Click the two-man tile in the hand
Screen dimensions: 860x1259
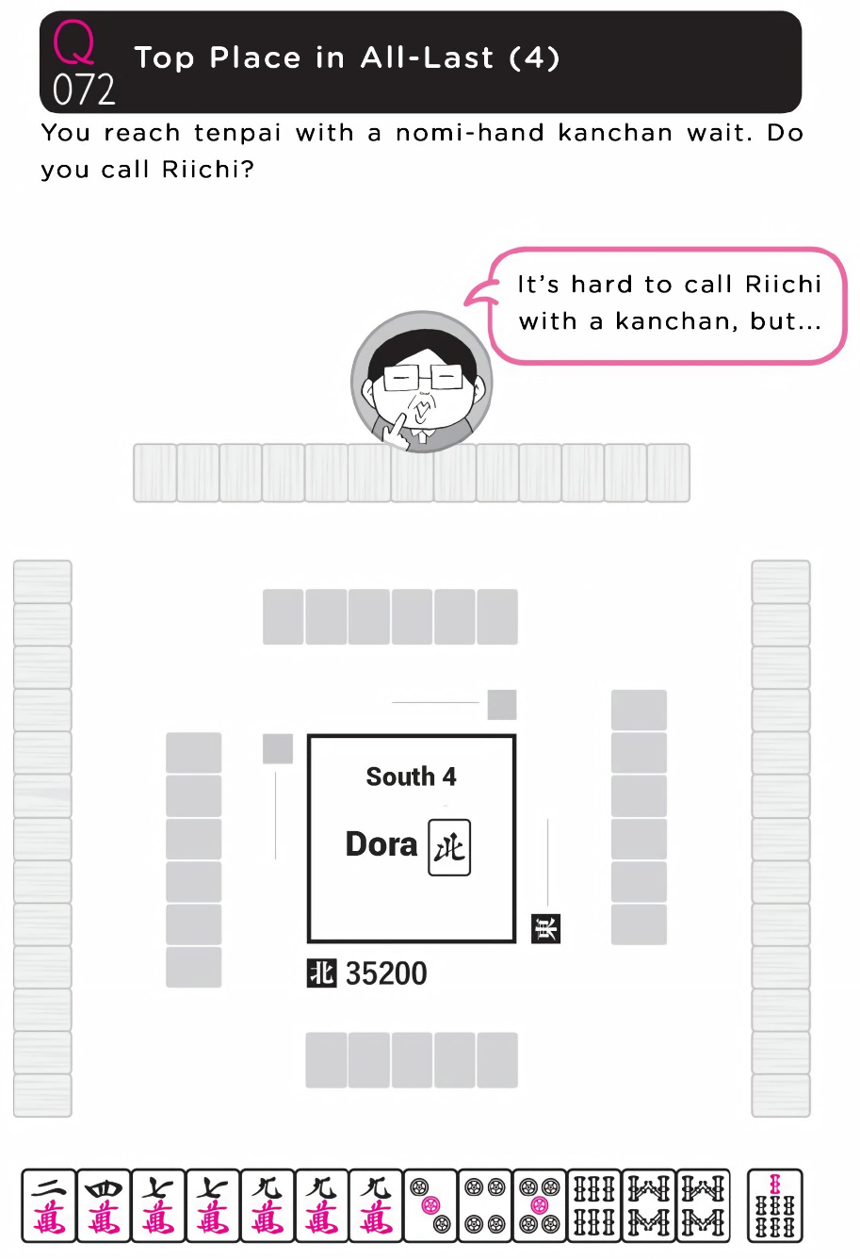pos(49,1205)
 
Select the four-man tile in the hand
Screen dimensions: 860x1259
pos(104,1205)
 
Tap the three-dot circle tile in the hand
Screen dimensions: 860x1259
pos(430,1205)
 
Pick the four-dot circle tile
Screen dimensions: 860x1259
pos(485,1205)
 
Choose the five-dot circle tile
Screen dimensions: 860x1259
pos(539,1205)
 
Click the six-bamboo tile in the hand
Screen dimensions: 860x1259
pos(593,1205)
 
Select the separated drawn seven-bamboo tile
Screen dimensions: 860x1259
pos(774,1205)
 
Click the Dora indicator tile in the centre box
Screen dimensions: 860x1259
pos(449,847)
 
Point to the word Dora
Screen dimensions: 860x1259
pos(381,844)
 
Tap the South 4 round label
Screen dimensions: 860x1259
pos(412,777)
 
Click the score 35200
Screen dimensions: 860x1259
pos(386,973)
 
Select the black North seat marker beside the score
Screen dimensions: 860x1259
pos(321,973)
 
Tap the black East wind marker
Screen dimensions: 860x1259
pos(545,928)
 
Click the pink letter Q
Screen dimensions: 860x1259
pos(73,42)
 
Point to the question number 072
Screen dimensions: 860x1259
pos(84,89)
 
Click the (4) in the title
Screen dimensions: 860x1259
pos(534,57)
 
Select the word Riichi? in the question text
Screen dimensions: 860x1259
pos(208,170)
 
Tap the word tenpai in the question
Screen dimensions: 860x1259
pos(236,133)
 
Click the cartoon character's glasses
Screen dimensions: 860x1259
pos(422,377)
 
